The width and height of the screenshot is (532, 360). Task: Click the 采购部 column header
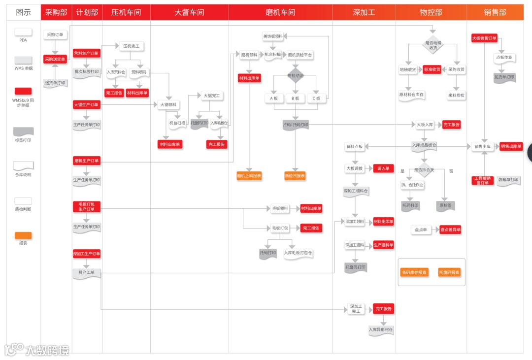56,12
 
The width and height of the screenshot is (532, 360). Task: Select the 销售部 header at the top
495,12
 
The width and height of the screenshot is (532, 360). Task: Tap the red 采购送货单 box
55,59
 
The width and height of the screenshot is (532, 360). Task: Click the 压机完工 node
131,46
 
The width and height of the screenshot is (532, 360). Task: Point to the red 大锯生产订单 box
86,104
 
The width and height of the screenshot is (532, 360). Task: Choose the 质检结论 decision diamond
296,76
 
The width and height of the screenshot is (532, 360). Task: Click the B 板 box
296,98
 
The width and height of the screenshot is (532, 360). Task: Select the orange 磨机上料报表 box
249,175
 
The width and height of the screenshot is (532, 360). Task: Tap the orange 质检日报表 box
295,175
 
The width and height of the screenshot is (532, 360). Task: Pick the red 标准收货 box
432,69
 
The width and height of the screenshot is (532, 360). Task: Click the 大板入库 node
424,125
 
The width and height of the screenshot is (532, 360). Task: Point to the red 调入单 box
383,168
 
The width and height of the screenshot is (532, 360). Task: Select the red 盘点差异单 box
450,229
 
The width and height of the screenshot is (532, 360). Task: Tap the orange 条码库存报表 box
414,272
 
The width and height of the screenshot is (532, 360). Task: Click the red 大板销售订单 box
484,38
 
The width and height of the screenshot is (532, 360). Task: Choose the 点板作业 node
503,58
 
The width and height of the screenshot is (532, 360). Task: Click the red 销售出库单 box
511,146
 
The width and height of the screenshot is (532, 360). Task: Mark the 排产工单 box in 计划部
87,273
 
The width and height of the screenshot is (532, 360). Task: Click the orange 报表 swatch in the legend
23,235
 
